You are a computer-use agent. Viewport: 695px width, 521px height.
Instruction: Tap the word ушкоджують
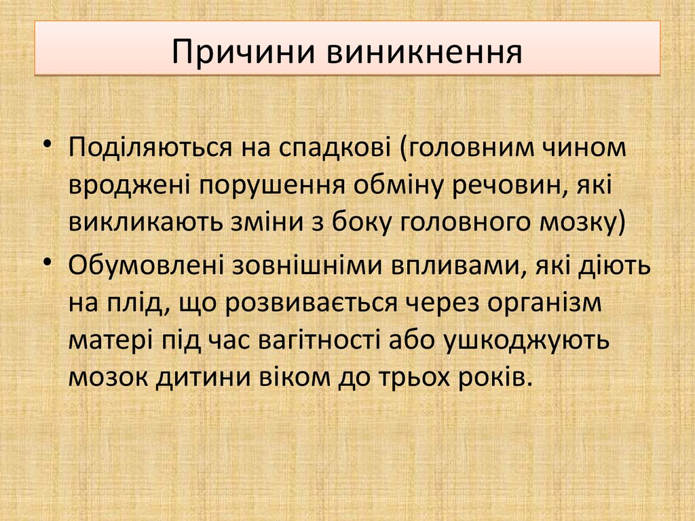pos(527,340)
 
